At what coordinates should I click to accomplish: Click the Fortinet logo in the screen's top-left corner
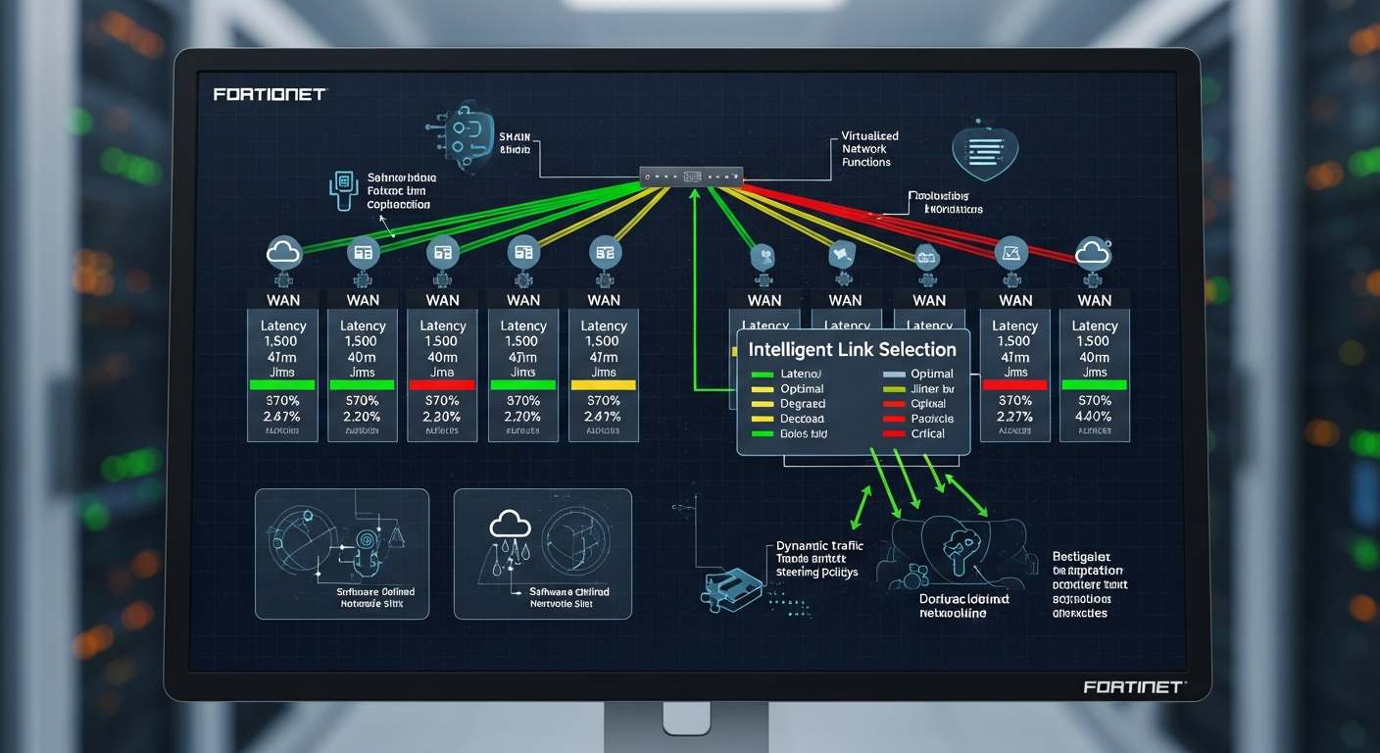(269, 94)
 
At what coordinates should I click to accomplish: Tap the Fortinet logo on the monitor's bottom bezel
(1134, 687)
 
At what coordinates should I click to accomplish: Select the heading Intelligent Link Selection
(852, 349)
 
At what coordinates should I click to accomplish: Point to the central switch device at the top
(691, 176)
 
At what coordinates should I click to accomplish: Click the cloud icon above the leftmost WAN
(283, 254)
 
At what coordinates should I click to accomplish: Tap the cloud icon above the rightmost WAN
(1093, 253)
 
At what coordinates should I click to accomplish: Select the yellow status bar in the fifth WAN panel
(604, 385)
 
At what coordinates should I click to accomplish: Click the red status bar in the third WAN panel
(442, 385)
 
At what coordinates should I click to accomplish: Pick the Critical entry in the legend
(927, 433)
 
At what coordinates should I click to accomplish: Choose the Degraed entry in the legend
(802, 403)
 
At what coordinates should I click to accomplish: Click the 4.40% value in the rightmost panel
(1094, 416)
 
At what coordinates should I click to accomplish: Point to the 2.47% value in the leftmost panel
(283, 416)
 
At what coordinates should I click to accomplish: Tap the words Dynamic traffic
(818, 546)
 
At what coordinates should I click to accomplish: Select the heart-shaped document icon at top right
(985, 150)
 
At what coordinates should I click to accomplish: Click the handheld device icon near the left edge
(342, 190)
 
